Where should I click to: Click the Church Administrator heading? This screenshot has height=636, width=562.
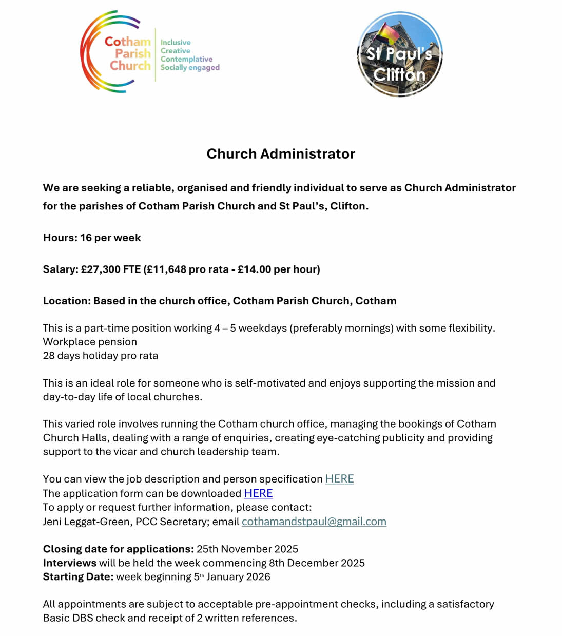(280, 154)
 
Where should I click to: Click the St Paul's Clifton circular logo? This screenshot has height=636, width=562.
(399, 54)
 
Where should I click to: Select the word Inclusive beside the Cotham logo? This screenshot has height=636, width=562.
(176, 43)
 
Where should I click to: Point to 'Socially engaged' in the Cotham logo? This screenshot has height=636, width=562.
(189, 67)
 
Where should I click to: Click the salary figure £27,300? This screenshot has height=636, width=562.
(101, 269)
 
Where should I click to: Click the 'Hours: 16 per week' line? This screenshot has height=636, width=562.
(92, 238)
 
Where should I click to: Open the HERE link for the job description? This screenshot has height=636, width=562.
(339, 479)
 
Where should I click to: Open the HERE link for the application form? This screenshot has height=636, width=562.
(258, 493)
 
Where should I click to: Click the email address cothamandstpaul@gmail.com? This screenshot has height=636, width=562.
(314, 522)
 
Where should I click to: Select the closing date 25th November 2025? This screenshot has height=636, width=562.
(247, 549)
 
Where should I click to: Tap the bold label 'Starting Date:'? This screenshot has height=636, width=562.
(78, 576)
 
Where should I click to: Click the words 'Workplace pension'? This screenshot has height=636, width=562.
(90, 342)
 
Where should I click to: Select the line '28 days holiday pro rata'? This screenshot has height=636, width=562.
(100, 356)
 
